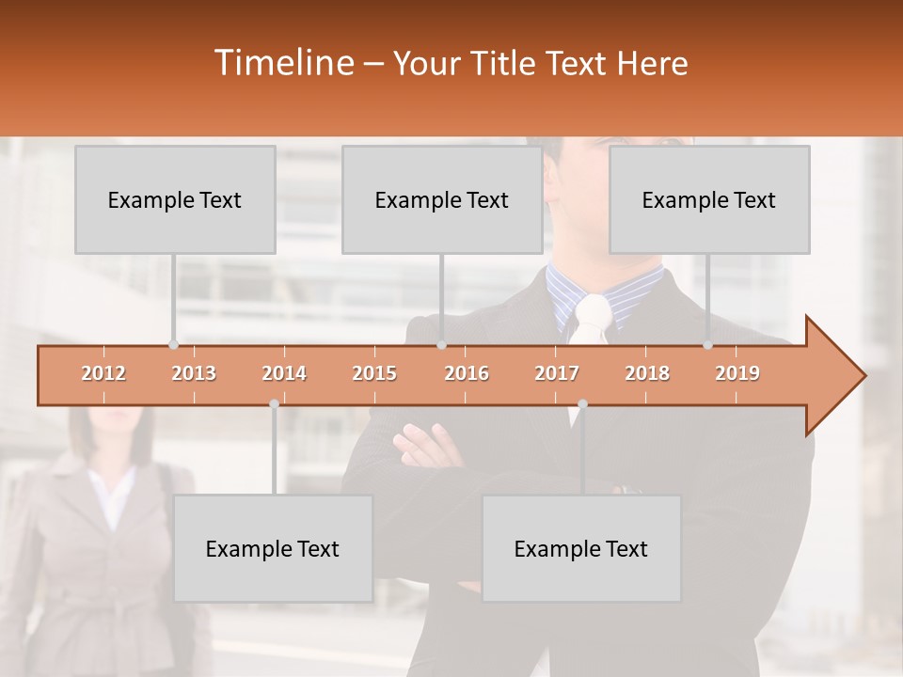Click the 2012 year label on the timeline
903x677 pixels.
click(103, 373)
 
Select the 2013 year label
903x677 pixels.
click(194, 373)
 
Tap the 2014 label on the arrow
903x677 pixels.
click(284, 373)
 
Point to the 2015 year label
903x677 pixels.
click(374, 373)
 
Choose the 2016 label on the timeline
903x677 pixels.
click(467, 373)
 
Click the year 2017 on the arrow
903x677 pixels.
click(557, 373)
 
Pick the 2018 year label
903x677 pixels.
click(647, 373)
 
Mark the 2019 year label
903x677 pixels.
click(737, 373)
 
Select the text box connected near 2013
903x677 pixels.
click(175, 199)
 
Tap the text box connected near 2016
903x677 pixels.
click(442, 199)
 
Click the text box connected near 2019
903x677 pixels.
click(709, 199)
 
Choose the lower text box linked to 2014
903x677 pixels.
click(273, 548)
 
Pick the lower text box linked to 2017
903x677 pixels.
click(581, 548)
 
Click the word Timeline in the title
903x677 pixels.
click(283, 63)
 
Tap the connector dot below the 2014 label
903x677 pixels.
click(274, 403)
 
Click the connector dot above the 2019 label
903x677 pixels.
click(708, 344)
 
